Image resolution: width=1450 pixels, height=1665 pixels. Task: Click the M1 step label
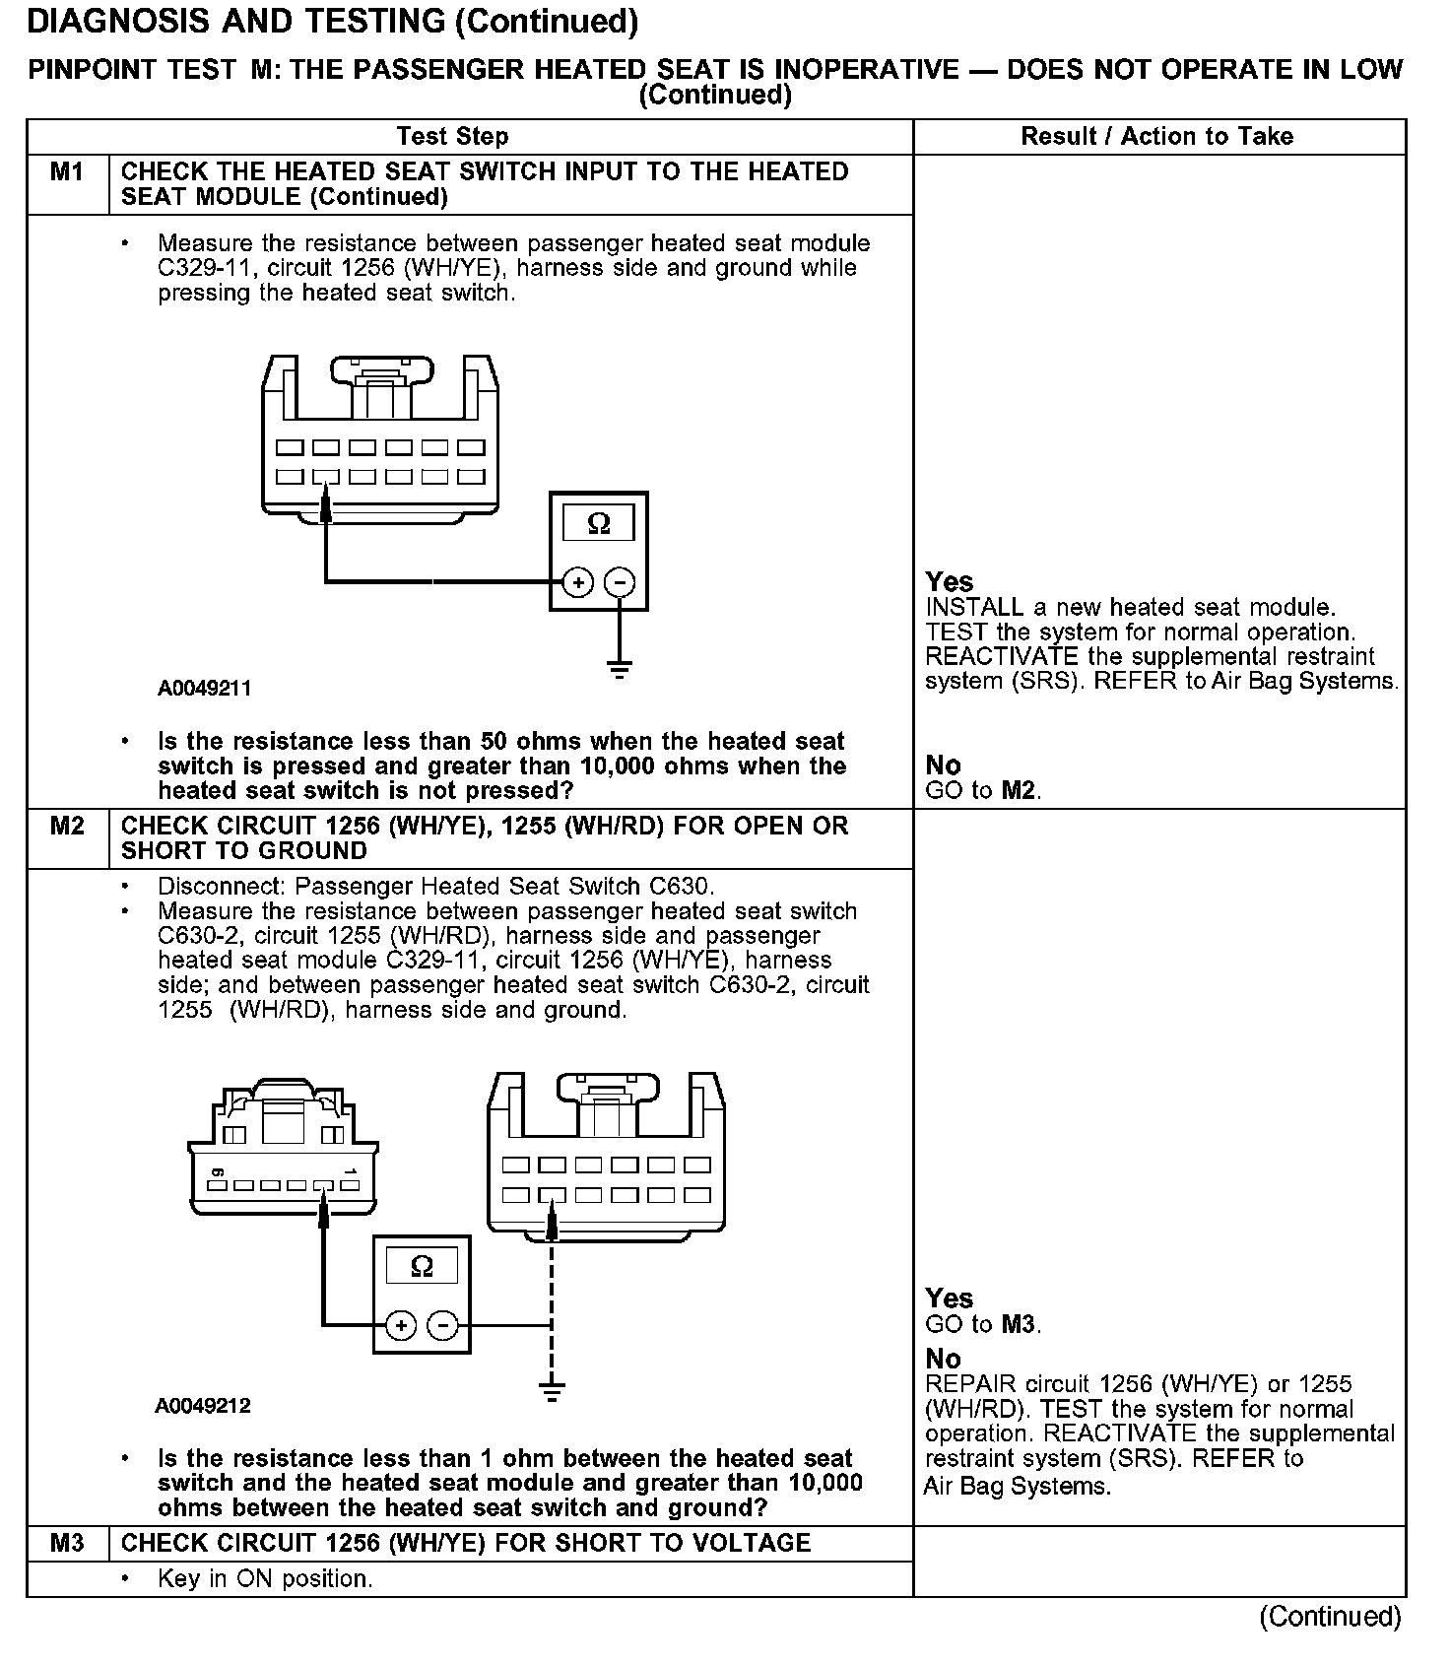click(67, 172)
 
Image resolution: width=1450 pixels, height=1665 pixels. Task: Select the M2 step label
click(67, 826)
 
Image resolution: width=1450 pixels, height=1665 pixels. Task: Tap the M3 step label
click(67, 1543)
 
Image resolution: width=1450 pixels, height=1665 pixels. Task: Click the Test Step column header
click(452, 137)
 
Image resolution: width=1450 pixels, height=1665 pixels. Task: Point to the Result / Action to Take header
click(1157, 137)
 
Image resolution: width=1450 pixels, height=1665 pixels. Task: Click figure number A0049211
click(204, 689)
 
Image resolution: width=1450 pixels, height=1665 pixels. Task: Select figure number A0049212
click(203, 1406)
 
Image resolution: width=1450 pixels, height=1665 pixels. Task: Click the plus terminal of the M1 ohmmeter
click(578, 582)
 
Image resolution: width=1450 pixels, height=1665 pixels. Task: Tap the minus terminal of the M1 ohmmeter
click(620, 582)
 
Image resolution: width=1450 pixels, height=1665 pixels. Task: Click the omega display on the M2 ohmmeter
click(422, 1266)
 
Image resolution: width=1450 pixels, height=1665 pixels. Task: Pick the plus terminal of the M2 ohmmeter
click(401, 1325)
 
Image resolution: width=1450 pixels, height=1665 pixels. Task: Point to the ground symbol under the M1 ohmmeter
click(620, 671)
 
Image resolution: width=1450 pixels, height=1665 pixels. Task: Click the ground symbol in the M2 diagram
click(552, 1391)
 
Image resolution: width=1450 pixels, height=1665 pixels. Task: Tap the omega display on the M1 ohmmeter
click(599, 523)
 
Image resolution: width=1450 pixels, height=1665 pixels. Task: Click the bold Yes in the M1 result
click(950, 582)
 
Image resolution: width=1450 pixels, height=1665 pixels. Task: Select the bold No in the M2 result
click(944, 1359)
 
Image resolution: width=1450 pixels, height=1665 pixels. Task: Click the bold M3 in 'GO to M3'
click(1019, 1324)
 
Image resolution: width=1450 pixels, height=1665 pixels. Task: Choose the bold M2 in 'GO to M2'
click(1019, 790)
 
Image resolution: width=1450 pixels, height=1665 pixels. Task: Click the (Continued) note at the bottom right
click(1330, 1617)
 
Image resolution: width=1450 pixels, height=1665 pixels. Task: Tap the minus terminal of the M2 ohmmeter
click(443, 1325)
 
